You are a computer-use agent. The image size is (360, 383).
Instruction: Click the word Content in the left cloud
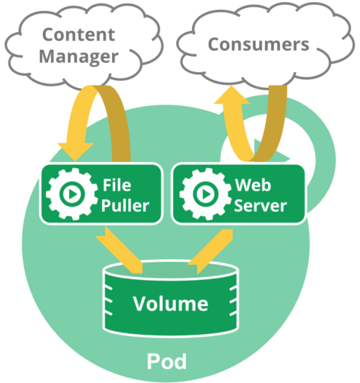point(79,35)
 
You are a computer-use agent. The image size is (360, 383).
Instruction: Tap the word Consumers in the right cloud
point(259,45)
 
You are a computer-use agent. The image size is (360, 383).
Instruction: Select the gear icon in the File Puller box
point(71,194)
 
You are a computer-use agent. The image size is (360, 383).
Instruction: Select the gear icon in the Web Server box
point(205,194)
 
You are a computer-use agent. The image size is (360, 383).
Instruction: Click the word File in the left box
point(117,185)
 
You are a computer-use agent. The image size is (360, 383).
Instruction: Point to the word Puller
point(125,205)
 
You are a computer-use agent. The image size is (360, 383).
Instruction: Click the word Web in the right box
point(253,185)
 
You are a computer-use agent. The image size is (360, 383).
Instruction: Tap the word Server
point(260,205)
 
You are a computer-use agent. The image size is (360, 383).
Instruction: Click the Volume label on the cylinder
point(171,304)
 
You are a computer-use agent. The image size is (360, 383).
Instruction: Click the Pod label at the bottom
point(166,362)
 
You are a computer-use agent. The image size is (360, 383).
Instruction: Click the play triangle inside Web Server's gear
point(205,194)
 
